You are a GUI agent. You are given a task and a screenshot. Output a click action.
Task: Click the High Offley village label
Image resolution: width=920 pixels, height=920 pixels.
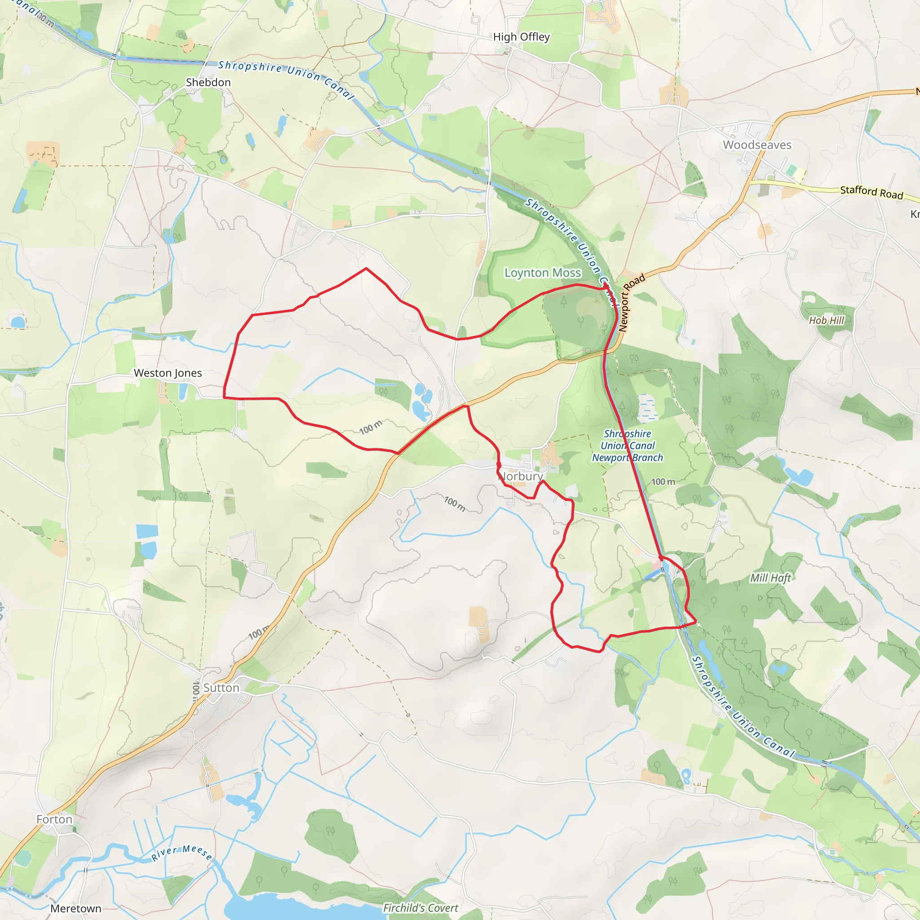pyautogui.click(x=521, y=37)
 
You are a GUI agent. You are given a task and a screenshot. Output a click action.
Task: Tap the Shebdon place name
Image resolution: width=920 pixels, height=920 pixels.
pyautogui.click(x=208, y=82)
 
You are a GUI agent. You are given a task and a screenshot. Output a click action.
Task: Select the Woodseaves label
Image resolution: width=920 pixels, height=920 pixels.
pyautogui.click(x=756, y=145)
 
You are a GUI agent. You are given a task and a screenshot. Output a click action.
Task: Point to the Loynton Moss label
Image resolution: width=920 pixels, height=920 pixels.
pyautogui.click(x=542, y=273)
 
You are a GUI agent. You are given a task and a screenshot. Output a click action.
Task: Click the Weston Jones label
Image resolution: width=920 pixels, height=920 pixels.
pyautogui.click(x=168, y=373)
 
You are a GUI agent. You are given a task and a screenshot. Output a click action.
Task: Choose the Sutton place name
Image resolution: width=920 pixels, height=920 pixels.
pyautogui.click(x=221, y=688)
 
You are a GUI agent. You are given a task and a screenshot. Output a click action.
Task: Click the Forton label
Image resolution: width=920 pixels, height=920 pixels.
pyautogui.click(x=54, y=819)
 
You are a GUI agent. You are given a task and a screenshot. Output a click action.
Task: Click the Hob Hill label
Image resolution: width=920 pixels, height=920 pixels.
pyautogui.click(x=826, y=320)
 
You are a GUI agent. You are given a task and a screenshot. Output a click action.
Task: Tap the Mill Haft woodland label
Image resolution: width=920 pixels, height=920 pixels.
pyautogui.click(x=770, y=578)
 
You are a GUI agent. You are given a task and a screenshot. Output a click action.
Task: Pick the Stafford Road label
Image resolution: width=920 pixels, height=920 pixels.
pyautogui.click(x=871, y=192)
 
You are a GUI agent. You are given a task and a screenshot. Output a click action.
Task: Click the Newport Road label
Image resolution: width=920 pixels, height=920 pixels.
pyautogui.click(x=632, y=302)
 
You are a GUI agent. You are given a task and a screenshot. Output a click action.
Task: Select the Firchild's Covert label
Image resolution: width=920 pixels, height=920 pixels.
pyautogui.click(x=420, y=908)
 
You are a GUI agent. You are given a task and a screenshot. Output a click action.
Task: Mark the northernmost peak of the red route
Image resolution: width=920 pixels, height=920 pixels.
pyautogui.click(x=366, y=269)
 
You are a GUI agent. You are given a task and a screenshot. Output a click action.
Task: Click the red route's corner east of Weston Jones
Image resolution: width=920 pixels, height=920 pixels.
pyautogui.click(x=224, y=397)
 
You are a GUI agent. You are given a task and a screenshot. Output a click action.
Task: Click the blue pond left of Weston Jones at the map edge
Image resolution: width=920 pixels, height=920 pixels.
pyautogui.click(x=18, y=323)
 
